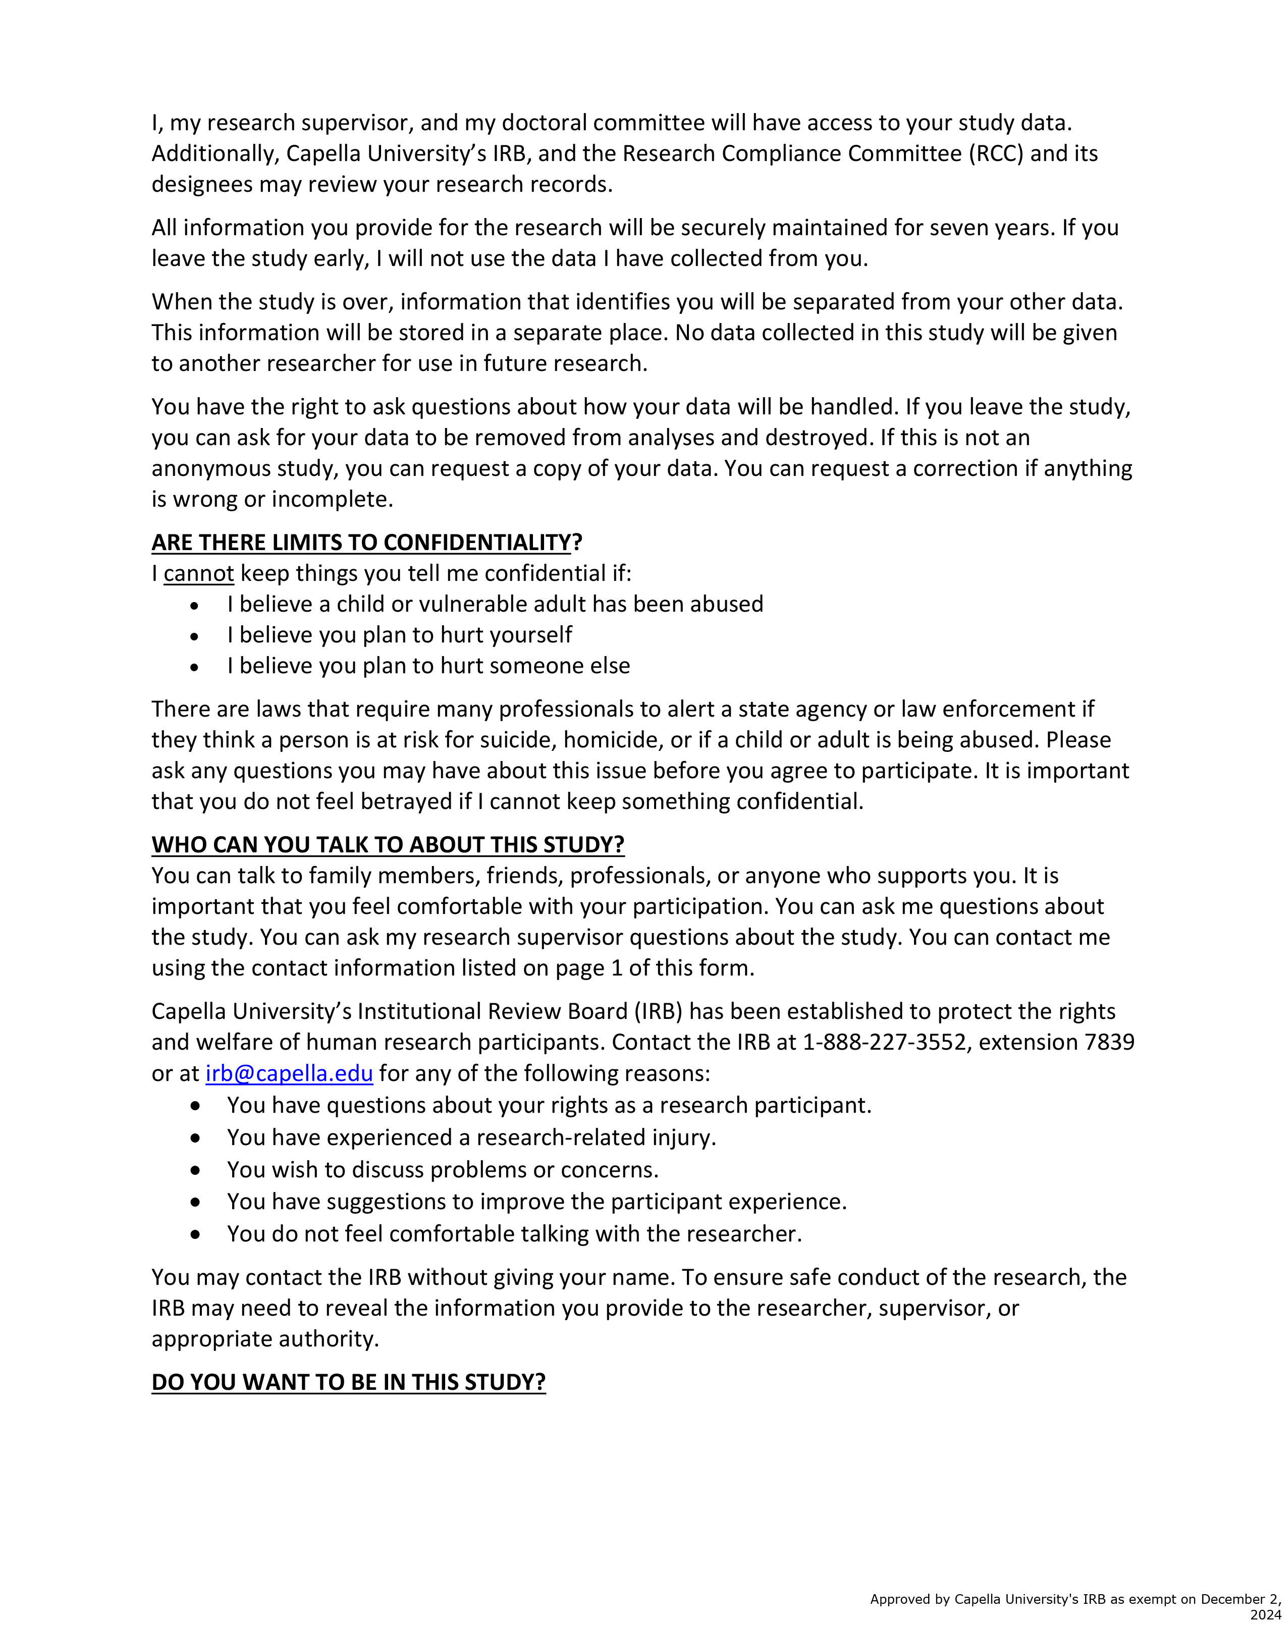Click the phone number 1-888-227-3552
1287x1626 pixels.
884,1042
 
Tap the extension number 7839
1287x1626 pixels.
1108,1042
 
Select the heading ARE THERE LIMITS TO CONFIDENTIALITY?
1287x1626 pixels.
367,543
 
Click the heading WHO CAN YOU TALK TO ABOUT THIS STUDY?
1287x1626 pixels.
388,845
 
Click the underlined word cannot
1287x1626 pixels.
199,573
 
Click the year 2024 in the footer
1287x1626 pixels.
1265,1615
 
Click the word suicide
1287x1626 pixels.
514,740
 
